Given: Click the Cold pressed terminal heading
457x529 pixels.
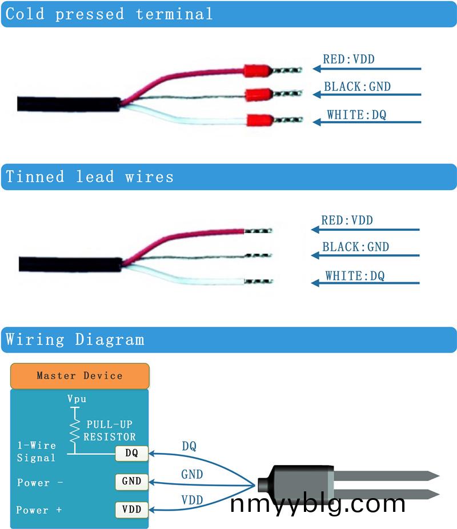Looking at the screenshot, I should pyautogui.click(x=109, y=14).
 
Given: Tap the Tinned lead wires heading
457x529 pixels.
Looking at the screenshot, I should pyautogui.click(x=90, y=177).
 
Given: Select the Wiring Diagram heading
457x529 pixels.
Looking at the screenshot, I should pyautogui.click(x=75, y=339).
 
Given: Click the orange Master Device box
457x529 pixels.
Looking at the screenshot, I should pyautogui.click(x=79, y=375).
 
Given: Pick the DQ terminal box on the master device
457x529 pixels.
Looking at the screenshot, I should pyautogui.click(x=131, y=454).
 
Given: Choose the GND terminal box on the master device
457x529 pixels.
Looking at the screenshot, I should pyautogui.click(x=131, y=481).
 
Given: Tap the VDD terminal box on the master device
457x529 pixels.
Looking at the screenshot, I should pyautogui.click(x=131, y=508).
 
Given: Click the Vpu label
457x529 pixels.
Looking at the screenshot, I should pyautogui.click(x=77, y=399).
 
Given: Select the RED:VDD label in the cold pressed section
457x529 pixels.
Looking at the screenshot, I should pyautogui.click(x=348, y=59).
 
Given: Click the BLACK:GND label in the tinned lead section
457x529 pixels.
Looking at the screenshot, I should pyautogui.click(x=355, y=247).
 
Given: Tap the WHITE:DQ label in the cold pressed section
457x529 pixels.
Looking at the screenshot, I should pyautogui.click(x=356, y=115).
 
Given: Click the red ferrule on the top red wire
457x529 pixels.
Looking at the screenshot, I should pyautogui.click(x=256, y=71).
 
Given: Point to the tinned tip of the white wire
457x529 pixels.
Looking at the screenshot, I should pyautogui.click(x=259, y=282).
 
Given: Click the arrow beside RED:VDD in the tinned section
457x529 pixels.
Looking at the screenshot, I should pyautogui.click(x=365, y=230).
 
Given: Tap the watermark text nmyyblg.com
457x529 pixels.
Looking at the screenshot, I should pyautogui.click(x=318, y=504).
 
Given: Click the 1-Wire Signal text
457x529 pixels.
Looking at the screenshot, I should pyautogui.click(x=37, y=451).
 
